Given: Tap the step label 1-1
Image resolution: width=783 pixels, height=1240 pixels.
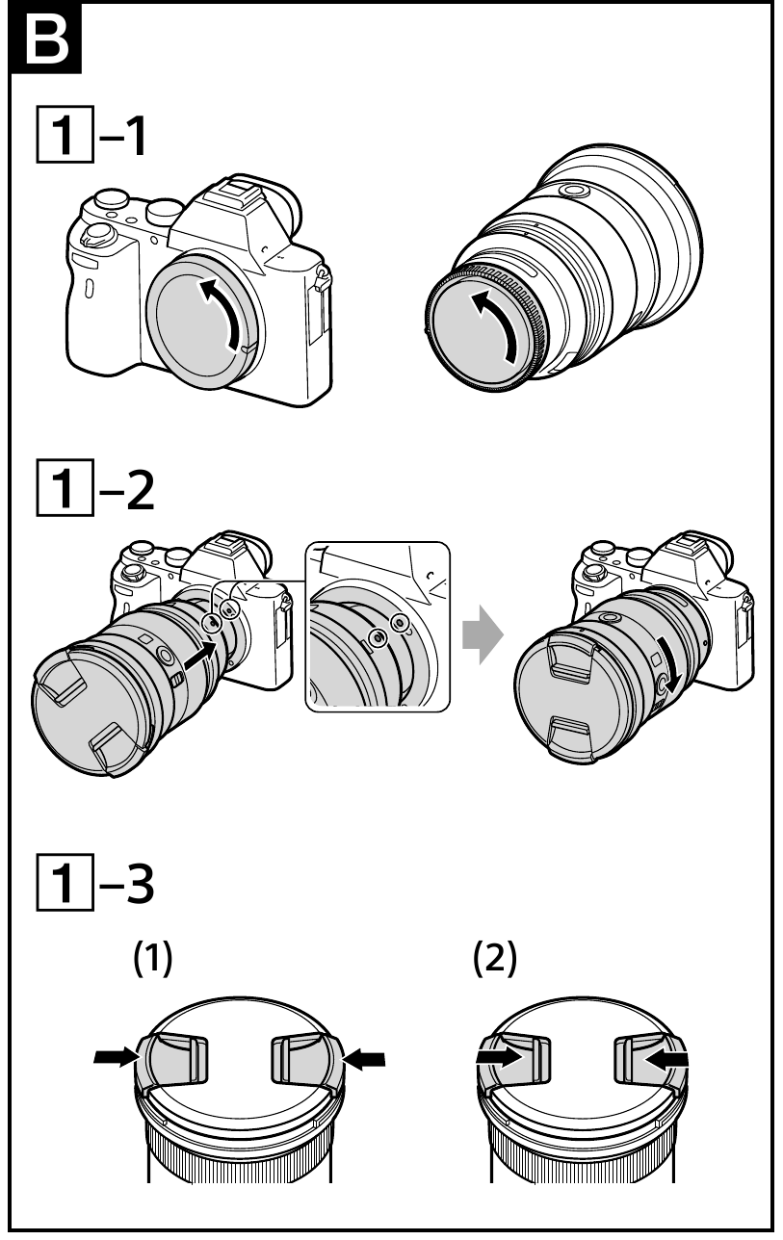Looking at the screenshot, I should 88,139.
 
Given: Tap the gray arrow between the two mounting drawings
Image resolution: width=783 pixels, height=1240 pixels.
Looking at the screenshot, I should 483,636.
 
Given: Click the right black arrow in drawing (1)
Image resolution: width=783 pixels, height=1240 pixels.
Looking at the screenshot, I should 367,1059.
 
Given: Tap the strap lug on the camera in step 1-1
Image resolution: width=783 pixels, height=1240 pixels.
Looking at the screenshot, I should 323,279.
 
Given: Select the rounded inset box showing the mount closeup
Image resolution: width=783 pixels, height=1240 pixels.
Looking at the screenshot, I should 378,627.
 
